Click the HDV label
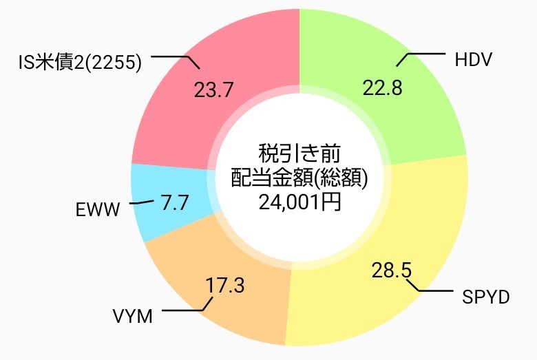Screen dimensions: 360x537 tap(473, 60)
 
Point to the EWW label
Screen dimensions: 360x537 tap(98, 209)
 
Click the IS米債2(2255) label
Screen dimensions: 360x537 tap(80, 63)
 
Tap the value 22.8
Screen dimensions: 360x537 tap(382, 88)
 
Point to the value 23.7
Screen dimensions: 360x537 tap(214, 89)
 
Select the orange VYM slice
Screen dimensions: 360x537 tap(207, 262)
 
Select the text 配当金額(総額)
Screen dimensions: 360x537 tap(299, 177)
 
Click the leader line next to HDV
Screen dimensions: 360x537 tap(424, 54)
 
